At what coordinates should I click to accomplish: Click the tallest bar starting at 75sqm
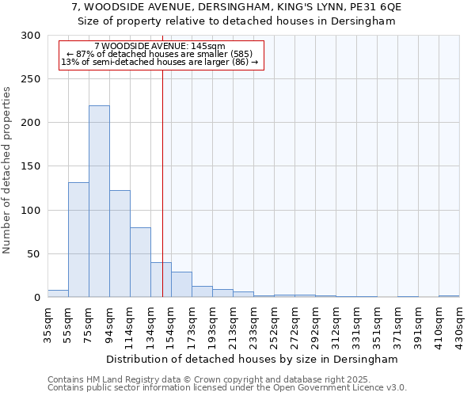click(x=99, y=202)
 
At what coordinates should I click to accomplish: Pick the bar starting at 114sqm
click(x=140, y=262)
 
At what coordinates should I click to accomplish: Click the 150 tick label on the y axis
click(x=32, y=167)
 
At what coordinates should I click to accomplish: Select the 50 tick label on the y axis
click(x=35, y=254)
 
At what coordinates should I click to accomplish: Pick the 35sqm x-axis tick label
click(x=47, y=324)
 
